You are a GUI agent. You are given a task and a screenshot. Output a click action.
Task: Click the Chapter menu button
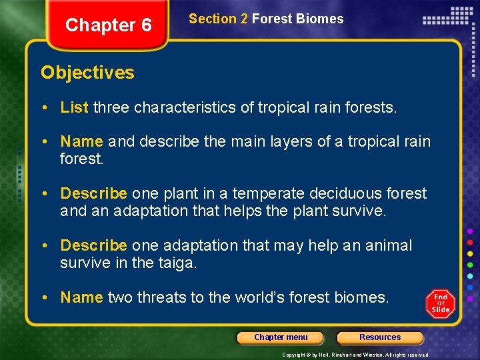281,337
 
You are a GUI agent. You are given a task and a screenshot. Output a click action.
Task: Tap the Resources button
380,337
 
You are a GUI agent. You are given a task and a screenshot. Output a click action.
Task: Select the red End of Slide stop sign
440,304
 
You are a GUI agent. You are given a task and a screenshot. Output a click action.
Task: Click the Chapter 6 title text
109,25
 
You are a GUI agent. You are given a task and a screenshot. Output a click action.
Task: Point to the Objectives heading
87,73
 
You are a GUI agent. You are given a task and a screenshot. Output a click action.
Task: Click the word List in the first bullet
75,107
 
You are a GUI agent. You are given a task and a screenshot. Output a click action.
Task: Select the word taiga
176,263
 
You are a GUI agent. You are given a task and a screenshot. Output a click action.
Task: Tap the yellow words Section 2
218,19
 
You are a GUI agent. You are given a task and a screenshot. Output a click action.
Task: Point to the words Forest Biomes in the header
297,19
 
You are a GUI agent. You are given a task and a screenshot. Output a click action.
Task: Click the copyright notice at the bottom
356,355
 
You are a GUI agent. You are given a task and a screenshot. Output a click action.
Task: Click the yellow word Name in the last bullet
81,297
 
